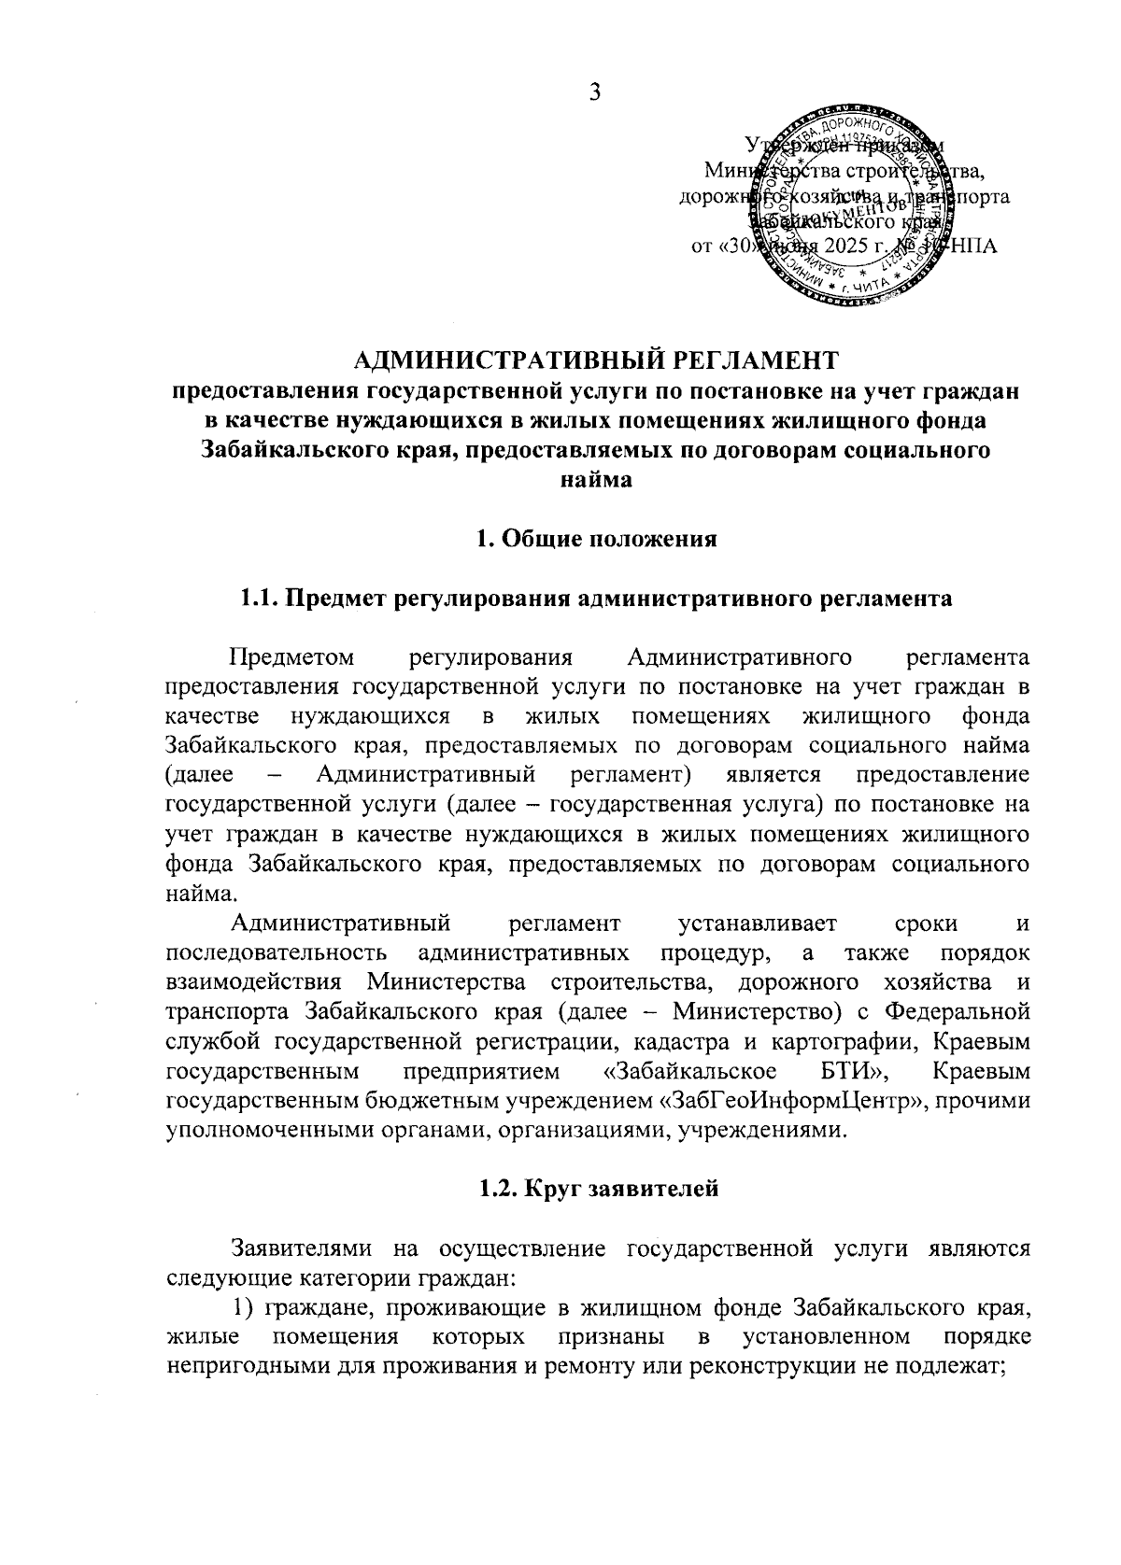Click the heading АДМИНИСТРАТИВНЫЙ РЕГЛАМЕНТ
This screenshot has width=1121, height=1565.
pyautogui.click(x=595, y=360)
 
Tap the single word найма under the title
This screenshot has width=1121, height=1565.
pyautogui.click(x=595, y=481)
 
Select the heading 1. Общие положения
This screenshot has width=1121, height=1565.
pyautogui.click(x=596, y=540)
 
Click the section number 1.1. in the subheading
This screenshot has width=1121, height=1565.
pyautogui.click(x=260, y=599)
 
